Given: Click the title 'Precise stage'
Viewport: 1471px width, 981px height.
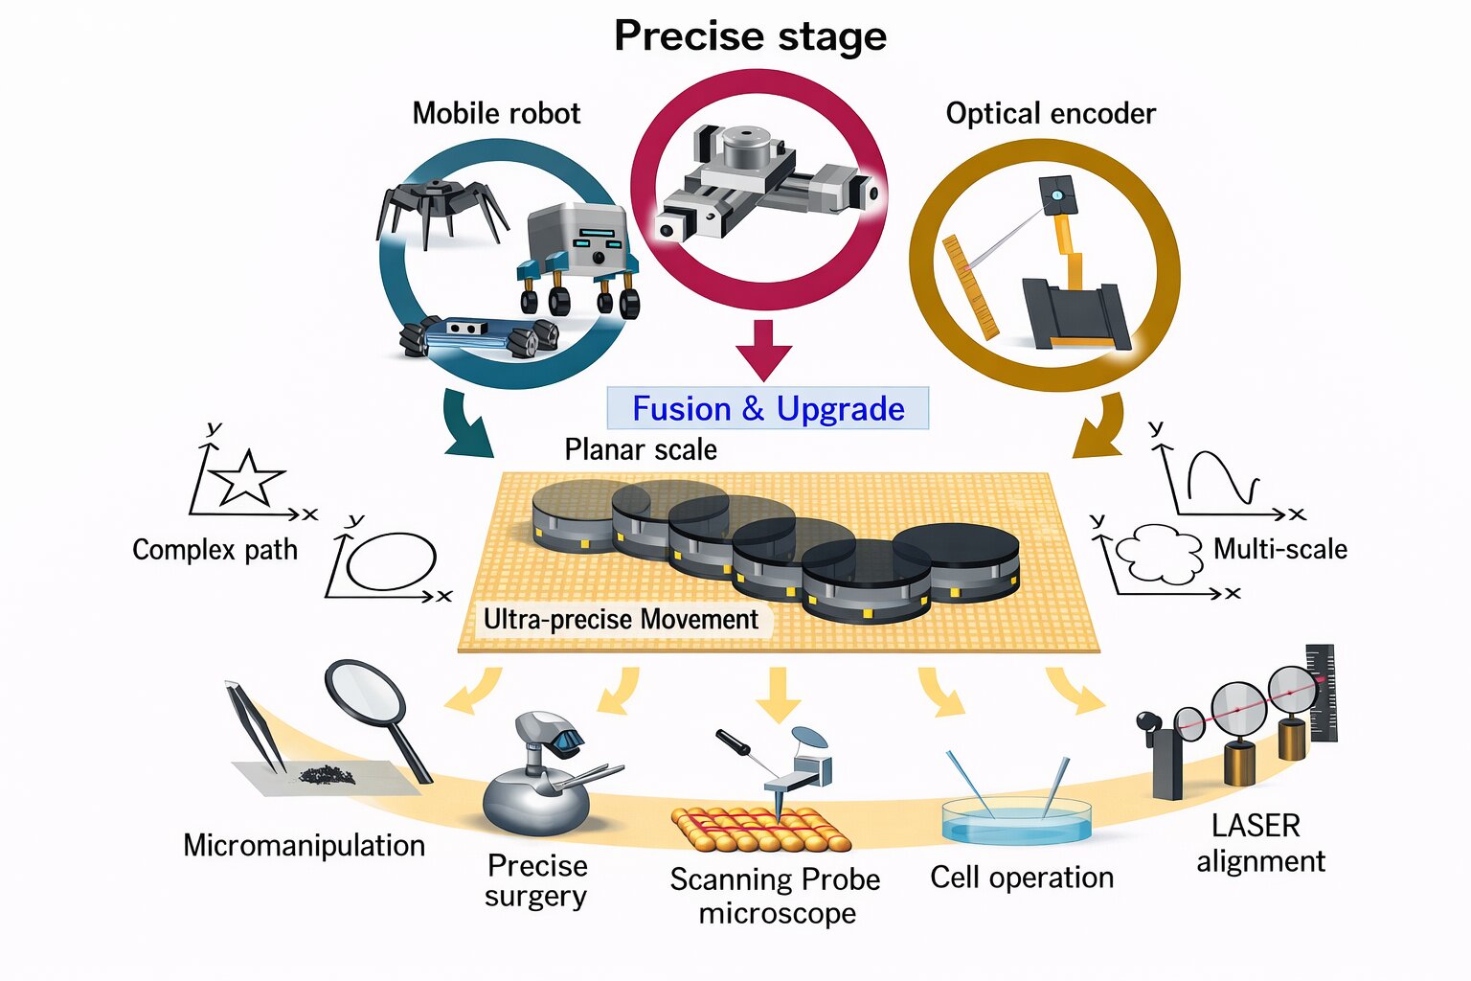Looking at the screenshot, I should pos(750,36).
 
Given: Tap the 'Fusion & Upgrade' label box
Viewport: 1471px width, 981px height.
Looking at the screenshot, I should pos(768,408).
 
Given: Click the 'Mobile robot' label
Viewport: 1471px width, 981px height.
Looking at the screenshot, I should pos(496,113).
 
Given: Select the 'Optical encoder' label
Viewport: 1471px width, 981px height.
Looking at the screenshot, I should pos(1051,113).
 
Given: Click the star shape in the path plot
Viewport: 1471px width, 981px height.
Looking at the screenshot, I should pos(247,477).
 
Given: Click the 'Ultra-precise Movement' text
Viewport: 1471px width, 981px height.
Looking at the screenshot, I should pos(621,619).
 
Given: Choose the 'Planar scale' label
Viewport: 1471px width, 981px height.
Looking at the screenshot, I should pos(641,449).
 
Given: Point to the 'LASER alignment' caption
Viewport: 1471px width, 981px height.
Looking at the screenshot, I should pos(1259,843).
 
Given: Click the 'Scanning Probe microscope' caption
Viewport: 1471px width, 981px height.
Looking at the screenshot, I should pos(776,896).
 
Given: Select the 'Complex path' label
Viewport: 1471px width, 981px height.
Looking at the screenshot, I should pos(215,550).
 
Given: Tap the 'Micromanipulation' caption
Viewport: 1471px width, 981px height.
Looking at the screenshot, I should pos(304,845).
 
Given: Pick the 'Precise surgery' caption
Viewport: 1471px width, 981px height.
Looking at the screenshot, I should pos(536,880).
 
